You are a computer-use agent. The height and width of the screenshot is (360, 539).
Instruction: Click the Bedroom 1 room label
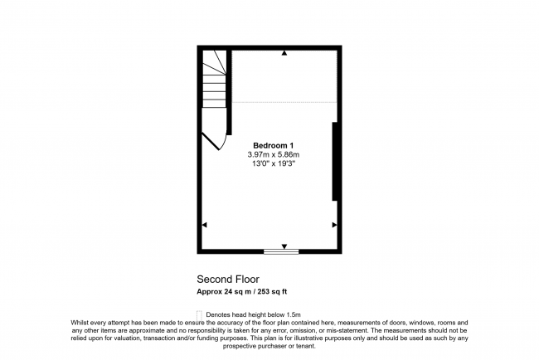click(273, 145)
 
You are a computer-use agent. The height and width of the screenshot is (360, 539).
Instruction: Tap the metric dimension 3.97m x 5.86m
click(273, 154)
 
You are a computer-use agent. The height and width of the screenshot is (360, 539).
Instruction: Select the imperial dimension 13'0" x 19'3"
click(272, 163)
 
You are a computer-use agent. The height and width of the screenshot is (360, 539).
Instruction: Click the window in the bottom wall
click(281, 251)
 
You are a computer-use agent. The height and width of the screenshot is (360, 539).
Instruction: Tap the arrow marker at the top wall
click(284, 53)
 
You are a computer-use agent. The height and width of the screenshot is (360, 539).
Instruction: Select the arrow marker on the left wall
click(205, 225)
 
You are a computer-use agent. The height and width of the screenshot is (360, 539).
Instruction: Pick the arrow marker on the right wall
click(334, 225)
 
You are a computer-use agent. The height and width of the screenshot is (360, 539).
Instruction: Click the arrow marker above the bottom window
click(284, 246)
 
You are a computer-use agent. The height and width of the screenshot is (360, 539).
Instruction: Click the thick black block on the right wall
click(334, 161)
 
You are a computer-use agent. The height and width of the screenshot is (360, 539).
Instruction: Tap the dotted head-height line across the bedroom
click(282, 101)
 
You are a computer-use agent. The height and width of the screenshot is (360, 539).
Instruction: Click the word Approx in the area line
click(207, 291)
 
